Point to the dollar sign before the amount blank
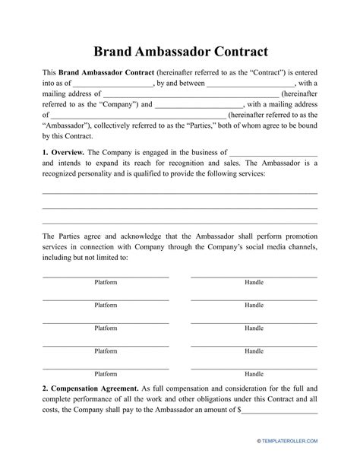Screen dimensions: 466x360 click(x=240, y=410)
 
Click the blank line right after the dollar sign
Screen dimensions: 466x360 click(x=279, y=411)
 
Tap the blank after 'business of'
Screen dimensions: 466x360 click(x=273, y=152)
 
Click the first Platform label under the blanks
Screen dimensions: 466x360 click(x=106, y=282)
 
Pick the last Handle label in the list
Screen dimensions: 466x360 click(x=254, y=373)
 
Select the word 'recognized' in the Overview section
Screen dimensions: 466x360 click(x=62, y=174)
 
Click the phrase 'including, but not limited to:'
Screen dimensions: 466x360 click(x=85, y=258)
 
